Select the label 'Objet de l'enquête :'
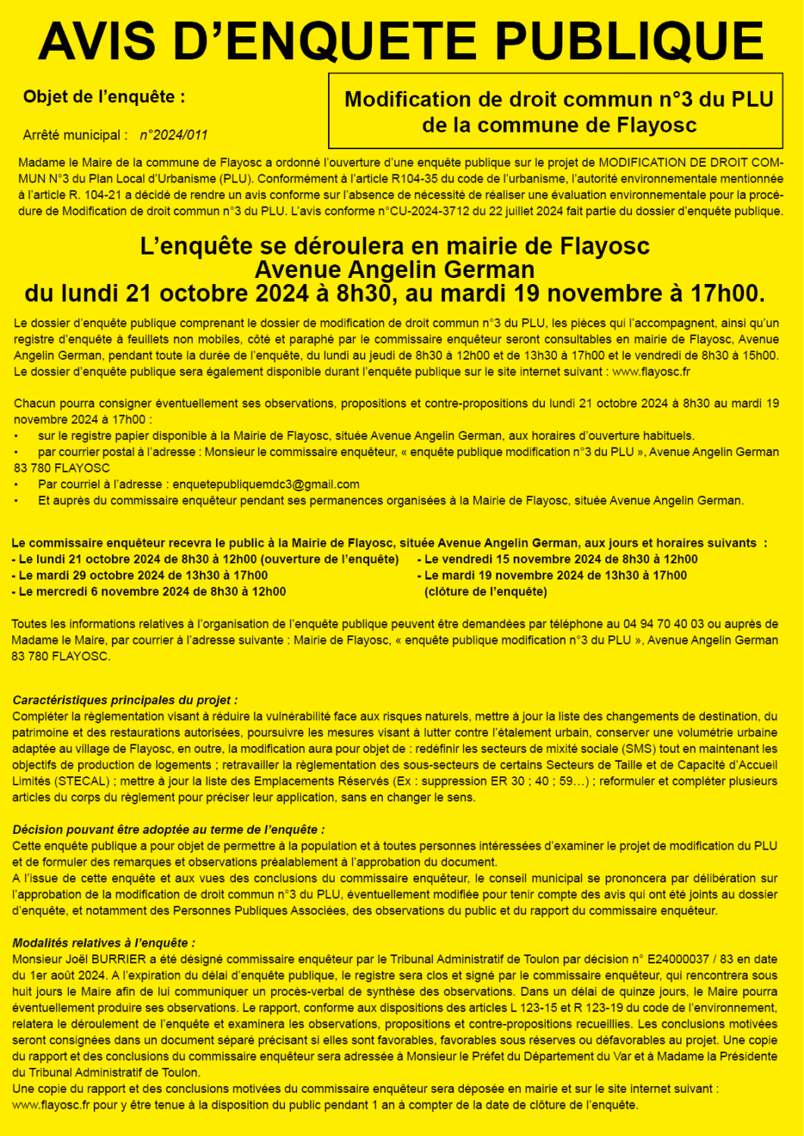pos(104,97)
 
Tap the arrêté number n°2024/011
pos(174,136)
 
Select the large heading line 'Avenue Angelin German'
pos(394,270)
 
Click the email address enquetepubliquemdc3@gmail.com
pos(266,485)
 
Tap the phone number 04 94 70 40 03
pos(663,624)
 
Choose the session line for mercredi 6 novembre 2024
pos(149,591)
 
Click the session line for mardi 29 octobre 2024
pos(139,576)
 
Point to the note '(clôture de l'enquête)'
pos(485,591)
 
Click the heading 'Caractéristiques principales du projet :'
pos(125,701)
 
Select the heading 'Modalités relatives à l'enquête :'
pos(104,943)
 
